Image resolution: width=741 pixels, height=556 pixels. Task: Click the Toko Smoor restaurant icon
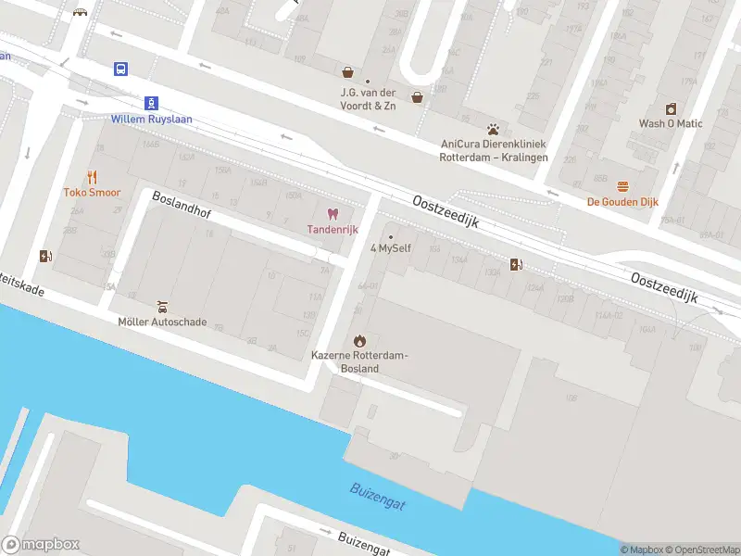[x=92, y=177]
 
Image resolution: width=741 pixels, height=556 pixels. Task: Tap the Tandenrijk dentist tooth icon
[x=333, y=214]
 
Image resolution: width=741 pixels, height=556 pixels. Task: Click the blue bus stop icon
[x=121, y=69]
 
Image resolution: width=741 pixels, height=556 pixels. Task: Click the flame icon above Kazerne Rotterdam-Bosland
[x=359, y=340]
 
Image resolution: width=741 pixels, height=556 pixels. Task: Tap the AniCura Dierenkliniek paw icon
[x=494, y=129]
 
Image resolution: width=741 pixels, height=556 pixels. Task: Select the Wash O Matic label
[x=671, y=123]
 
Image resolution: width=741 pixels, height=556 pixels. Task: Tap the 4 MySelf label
[x=391, y=248]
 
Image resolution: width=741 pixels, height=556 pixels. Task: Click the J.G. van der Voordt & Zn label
[x=367, y=99]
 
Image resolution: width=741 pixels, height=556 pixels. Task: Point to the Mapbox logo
[x=41, y=545]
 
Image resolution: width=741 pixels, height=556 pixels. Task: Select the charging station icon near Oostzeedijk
[x=517, y=264]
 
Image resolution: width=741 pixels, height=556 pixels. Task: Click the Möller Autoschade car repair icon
[x=162, y=306]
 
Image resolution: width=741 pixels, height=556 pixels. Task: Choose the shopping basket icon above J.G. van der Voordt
[x=348, y=71]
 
